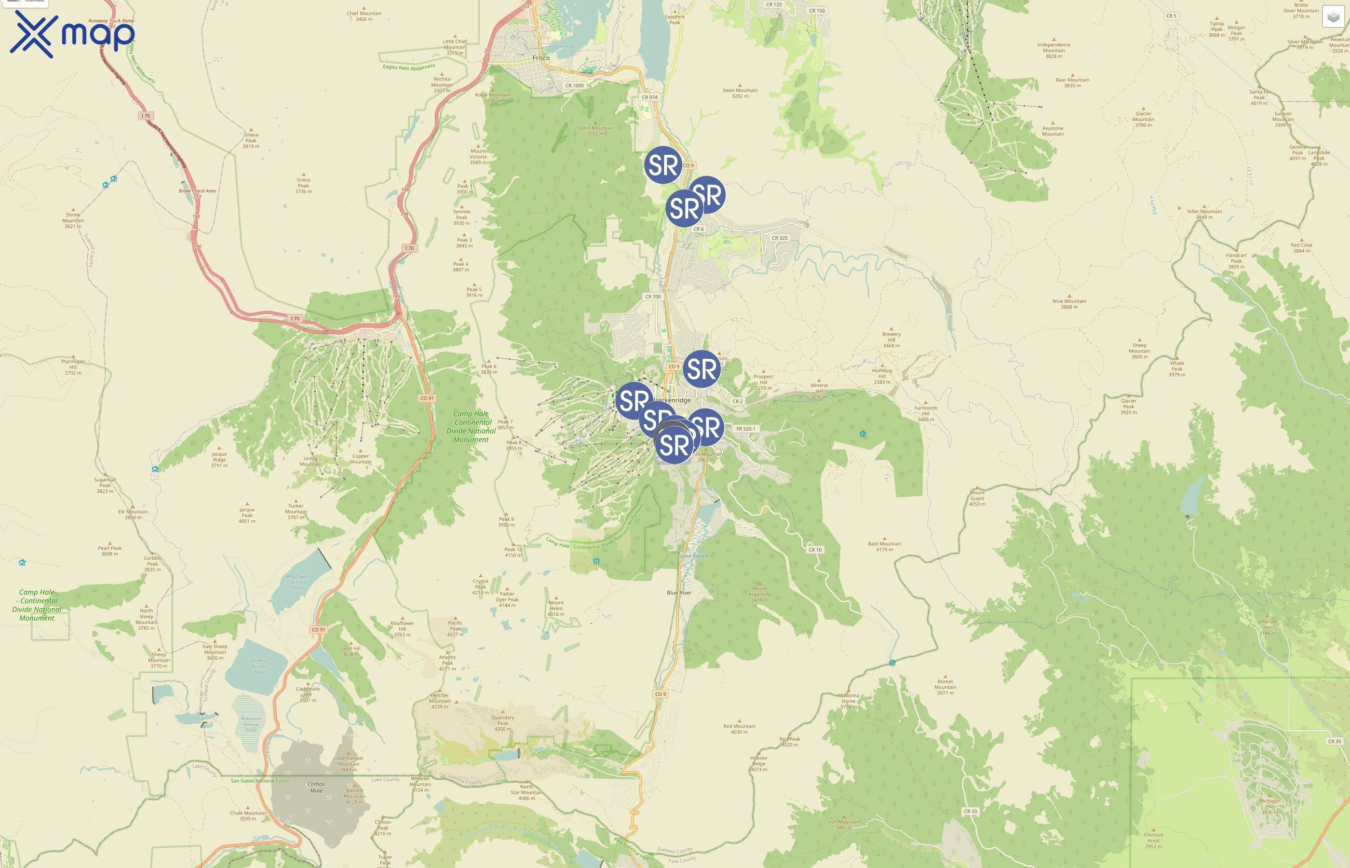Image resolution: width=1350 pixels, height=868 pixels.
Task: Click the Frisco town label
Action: point(541,58)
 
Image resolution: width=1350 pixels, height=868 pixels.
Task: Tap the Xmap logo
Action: point(72,34)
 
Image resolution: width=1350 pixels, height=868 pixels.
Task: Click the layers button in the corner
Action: point(1333,17)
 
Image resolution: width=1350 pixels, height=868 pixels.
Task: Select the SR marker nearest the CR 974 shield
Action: point(663,165)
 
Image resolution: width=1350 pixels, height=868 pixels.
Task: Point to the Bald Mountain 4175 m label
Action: point(884,546)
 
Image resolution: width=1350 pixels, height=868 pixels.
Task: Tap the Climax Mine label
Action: point(316,787)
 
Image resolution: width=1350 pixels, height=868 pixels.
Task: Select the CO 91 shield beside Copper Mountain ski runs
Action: point(427,398)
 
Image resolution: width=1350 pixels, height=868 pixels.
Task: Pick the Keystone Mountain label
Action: point(1053,131)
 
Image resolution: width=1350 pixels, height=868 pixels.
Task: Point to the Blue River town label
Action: point(679,592)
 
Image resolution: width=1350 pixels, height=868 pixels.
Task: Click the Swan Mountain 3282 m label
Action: point(740,93)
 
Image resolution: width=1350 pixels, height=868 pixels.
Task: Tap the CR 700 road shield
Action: point(653,297)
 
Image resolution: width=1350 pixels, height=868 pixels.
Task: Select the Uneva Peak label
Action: point(251,140)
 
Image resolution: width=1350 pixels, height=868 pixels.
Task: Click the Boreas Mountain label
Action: point(945,687)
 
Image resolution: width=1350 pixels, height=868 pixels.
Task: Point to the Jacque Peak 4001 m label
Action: point(247,515)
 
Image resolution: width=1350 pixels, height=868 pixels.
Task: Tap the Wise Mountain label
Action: point(1069,304)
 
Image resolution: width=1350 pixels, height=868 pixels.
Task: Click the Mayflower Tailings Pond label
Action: point(297,582)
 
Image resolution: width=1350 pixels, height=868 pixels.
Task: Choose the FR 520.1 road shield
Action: point(745,429)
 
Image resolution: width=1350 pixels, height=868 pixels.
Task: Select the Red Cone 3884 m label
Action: point(1301,247)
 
